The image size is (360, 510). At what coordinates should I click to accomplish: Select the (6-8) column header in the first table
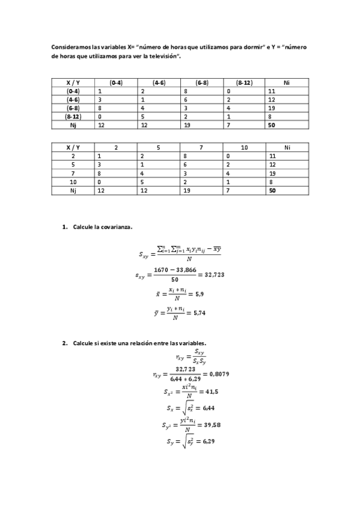(x=201, y=82)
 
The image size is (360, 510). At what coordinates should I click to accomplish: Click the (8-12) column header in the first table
(x=245, y=82)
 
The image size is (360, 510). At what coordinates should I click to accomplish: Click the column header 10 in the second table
(x=245, y=146)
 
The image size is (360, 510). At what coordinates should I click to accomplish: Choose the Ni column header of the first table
(x=288, y=82)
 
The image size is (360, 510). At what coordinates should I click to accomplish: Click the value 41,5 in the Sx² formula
(x=205, y=392)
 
